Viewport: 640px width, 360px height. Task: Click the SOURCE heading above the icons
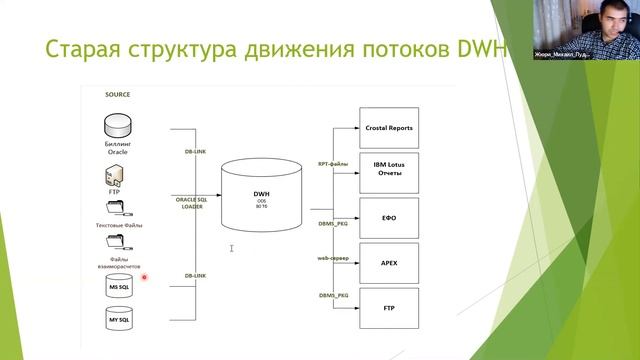point(118,95)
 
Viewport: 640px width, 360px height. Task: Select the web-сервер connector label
point(333,258)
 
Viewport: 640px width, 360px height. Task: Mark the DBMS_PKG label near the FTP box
point(333,295)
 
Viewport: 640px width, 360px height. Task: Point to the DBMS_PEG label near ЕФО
point(333,225)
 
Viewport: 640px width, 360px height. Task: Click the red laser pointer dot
point(144,277)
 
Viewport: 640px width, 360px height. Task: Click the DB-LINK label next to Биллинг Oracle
point(196,151)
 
